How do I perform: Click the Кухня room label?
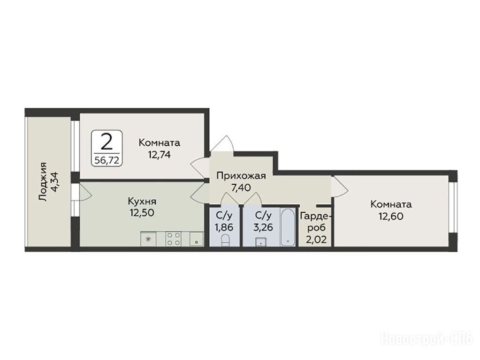click(x=142, y=202)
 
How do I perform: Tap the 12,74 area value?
click(x=159, y=155)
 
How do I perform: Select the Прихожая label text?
click(x=241, y=176)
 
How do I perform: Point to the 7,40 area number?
click(x=241, y=187)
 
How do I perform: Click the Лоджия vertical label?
click(x=44, y=182)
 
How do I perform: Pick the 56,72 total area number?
click(x=107, y=159)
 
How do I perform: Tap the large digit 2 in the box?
click(x=107, y=142)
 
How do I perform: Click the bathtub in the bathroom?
click(x=288, y=227)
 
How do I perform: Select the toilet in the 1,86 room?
click(x=225, y=240)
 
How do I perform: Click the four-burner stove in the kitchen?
click(x=173, y=239)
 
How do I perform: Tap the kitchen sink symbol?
click(x=197, y=239)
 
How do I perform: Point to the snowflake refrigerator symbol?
click(x=148, y=239)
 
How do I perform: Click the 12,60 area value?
click(x=391, y=216)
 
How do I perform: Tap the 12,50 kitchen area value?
click(x=142, y=212)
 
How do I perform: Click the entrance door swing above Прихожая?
click(x=223, y=142)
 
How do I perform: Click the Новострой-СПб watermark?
click(x=427, y=339)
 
